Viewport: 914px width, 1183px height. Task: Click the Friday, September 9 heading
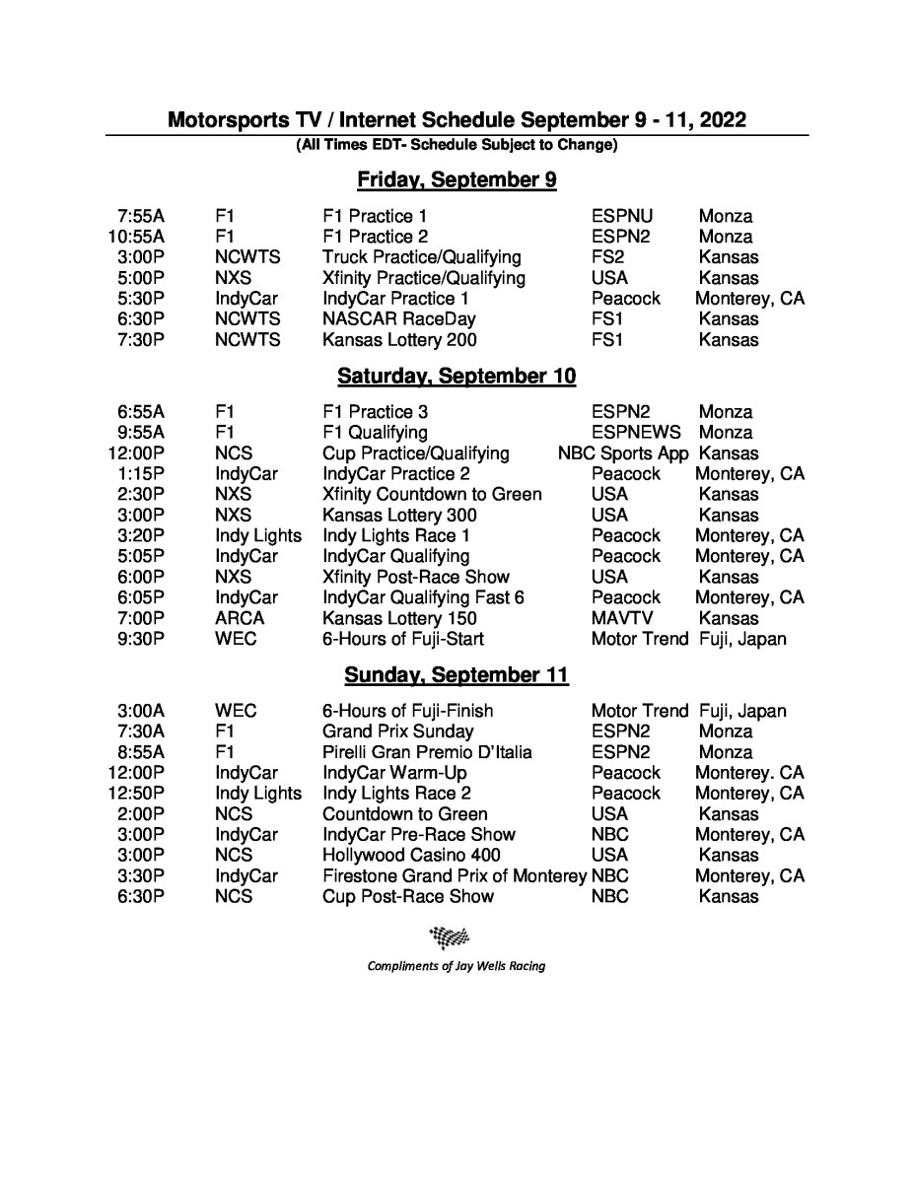click(457, 180)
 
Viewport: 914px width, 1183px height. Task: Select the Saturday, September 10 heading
click(457, 377)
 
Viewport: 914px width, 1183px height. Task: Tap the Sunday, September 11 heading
click(457, 675)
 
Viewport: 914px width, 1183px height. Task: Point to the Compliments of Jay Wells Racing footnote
click(457, 966)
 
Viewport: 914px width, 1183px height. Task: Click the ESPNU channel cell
click(622, 216)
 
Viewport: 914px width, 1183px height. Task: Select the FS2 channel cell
click(606, 257)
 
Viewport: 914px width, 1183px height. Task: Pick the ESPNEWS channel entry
click(636, 433)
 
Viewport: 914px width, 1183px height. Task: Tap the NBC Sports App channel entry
click(623, 453)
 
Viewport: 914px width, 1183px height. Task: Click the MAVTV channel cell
click(619, 618)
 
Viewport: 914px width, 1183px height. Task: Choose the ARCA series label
click(240, 618)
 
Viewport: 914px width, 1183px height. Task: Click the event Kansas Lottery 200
click(399, 340)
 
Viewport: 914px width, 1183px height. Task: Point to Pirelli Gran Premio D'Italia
click(427, 752)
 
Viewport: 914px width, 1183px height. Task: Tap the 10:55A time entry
click(136, 237)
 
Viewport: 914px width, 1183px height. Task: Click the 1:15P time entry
click(141, 474)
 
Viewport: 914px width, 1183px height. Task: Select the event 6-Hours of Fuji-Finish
click(407, 711)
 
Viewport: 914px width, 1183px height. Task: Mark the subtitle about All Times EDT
click(457, 146)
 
